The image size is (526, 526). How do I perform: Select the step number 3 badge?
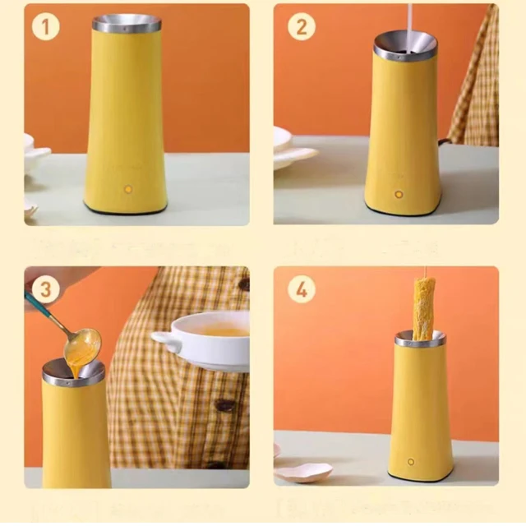(45, 289)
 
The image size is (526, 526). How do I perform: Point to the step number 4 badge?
(302, 289)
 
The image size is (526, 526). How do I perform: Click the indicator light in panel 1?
(127, 189)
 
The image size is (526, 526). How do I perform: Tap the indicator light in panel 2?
(399, 195)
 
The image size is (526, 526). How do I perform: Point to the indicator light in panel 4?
(412, 462)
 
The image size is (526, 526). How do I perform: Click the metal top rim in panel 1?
(127, 23)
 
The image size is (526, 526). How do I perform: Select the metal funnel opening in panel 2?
(405, 46)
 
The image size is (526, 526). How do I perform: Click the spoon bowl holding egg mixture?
(82, 344)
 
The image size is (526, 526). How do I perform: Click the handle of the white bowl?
(165, 339)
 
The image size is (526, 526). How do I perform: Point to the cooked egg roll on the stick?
(424, 307)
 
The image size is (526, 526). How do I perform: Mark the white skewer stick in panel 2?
(408, 18)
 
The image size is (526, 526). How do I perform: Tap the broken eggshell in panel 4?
(304, 472)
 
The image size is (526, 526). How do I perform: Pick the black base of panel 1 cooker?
(126, 211)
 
